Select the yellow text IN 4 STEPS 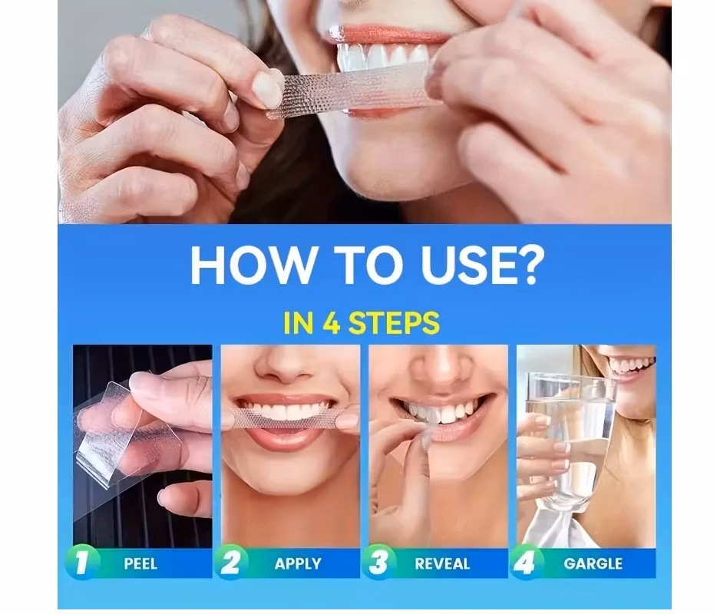pos(361,323)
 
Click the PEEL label pos(140,564)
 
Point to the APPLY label pos(298,564)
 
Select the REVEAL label pos(442,564)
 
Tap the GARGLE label pos(593,564)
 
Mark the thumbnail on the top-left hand pos(268,89)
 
